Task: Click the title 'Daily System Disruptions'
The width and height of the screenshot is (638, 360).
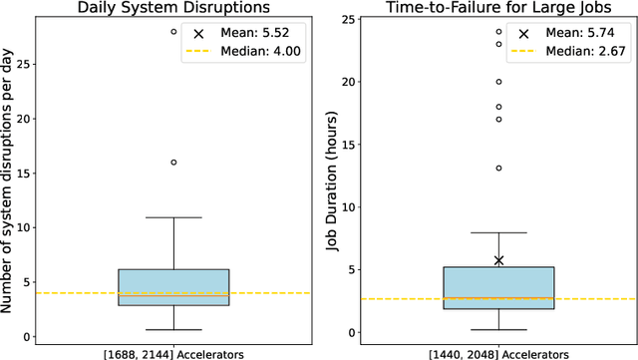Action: tap(173, 9)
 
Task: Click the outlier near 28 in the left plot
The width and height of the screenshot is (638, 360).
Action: tap(173, 32)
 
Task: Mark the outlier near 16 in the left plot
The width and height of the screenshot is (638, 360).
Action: tap(173, 162)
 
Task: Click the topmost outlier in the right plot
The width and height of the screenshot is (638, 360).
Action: tap(499, 32)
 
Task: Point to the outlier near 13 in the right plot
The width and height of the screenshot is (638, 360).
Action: tap(499, 168)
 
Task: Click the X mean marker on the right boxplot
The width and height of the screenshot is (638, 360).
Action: tap(499, 260)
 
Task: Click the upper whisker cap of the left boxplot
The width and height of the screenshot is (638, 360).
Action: tap(173, 217)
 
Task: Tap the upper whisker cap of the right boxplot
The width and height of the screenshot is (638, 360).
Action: tap(499, 233)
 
